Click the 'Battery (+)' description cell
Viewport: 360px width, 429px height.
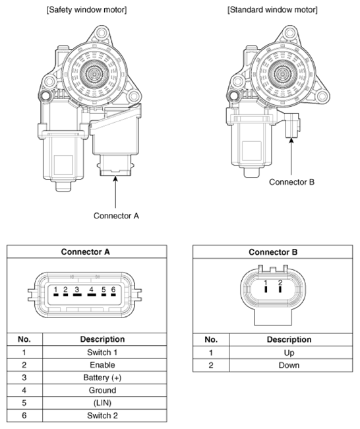click(x=102, y=378)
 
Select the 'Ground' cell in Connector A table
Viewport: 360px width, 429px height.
click(x=102, y=390)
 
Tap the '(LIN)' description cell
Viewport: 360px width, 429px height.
click(x=102, y=403)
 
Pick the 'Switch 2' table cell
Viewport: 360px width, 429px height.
click(x=102, y=415)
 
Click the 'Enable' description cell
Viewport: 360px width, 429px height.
click(x=102, y=365)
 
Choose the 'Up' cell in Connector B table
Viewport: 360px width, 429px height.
click(x=289, y=352)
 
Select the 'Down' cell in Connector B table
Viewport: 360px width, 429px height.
click(x=289, y=365)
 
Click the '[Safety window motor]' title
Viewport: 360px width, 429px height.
click(x=86, y=10)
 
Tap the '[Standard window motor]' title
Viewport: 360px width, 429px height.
click(x=272, y=10)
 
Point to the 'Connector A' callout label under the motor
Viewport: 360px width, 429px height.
click(x=116, y=216)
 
